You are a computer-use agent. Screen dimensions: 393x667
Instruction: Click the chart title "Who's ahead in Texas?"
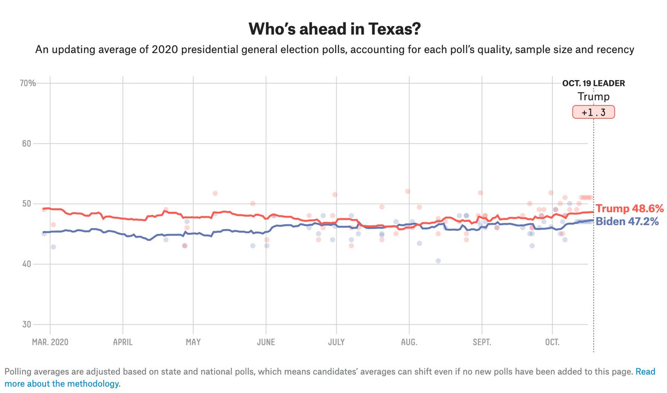[334, 29]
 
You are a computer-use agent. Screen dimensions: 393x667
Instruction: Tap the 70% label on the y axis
[28, 83]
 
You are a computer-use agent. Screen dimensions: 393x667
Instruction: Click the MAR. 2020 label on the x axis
[50, 342]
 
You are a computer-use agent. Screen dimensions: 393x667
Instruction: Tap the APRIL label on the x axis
[122, 342]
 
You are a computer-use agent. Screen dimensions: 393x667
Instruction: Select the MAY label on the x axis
[193, 342]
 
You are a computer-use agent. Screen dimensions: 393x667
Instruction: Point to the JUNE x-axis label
[266, 342]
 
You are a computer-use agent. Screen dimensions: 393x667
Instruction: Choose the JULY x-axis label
[336, 342]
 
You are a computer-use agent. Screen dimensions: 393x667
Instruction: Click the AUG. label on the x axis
[409, 342]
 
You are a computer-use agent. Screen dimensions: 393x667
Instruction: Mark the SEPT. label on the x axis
[481, 342]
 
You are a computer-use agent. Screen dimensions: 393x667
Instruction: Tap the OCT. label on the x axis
[552, 342]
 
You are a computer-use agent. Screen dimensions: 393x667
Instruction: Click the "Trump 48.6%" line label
[629, 209]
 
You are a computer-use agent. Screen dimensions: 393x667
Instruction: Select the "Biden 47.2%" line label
[627, 222]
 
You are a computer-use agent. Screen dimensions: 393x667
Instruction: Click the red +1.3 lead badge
[594, 112]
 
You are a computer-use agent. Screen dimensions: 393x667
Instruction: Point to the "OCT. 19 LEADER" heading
[594, 83]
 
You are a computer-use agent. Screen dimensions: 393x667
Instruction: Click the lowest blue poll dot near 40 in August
[438, 261]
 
